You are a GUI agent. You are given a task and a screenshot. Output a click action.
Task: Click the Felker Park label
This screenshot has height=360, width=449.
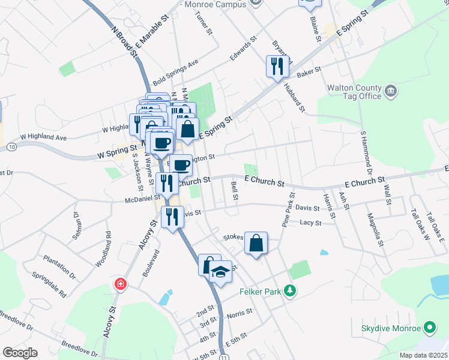[260, 292]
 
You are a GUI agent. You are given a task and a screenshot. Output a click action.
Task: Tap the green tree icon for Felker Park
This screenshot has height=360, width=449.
[291, 291]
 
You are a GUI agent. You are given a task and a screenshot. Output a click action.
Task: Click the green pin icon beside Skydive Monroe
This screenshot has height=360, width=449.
[429, 328]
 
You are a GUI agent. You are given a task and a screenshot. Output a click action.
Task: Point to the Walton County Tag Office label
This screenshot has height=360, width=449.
[354, 92]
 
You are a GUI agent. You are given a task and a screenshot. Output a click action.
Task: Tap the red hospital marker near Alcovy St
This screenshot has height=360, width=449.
[121, 284]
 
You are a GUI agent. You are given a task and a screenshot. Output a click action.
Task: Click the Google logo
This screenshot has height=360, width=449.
[20, 353]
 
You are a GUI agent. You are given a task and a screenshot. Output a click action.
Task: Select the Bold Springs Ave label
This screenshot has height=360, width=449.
[175, 72]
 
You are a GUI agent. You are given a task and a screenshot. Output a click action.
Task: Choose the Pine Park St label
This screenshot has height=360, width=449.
[288, 209]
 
